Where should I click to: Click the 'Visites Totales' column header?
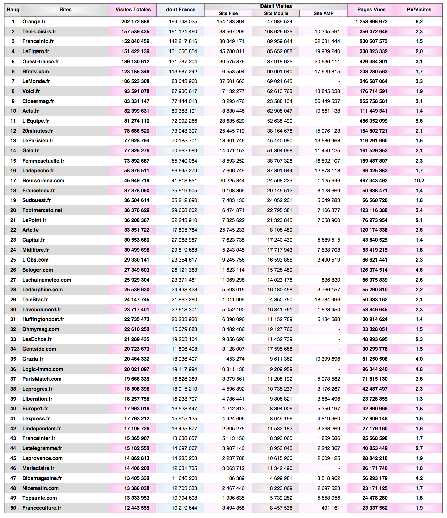(x=133, y=10)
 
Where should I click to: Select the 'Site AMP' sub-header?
(x=323, y=13)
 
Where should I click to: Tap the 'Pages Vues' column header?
(x=371, y=10)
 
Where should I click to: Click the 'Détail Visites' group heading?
(x=276, y=6)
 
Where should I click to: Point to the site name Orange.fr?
(x=34, y=22)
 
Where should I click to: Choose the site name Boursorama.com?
(x=43, y=181)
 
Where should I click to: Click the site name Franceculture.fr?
(x=42, y=508)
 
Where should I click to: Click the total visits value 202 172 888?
(x=135, y=22)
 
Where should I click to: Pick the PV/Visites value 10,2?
(x=419, y=181)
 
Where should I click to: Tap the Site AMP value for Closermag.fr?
(x=327, y=101)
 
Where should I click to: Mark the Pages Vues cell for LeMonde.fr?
(x=373, y=81)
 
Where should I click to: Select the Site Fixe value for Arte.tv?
(x=232, y=230)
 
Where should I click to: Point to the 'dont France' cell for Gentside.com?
(x=184, y=349)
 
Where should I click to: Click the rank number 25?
(x=13, y=260)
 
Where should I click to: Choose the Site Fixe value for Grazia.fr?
(x=235, y=359)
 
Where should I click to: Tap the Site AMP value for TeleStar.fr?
(x=327, y=300)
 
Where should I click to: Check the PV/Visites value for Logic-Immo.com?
(x=419, y=369)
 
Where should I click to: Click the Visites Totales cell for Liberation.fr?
(x=137, y=399)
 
